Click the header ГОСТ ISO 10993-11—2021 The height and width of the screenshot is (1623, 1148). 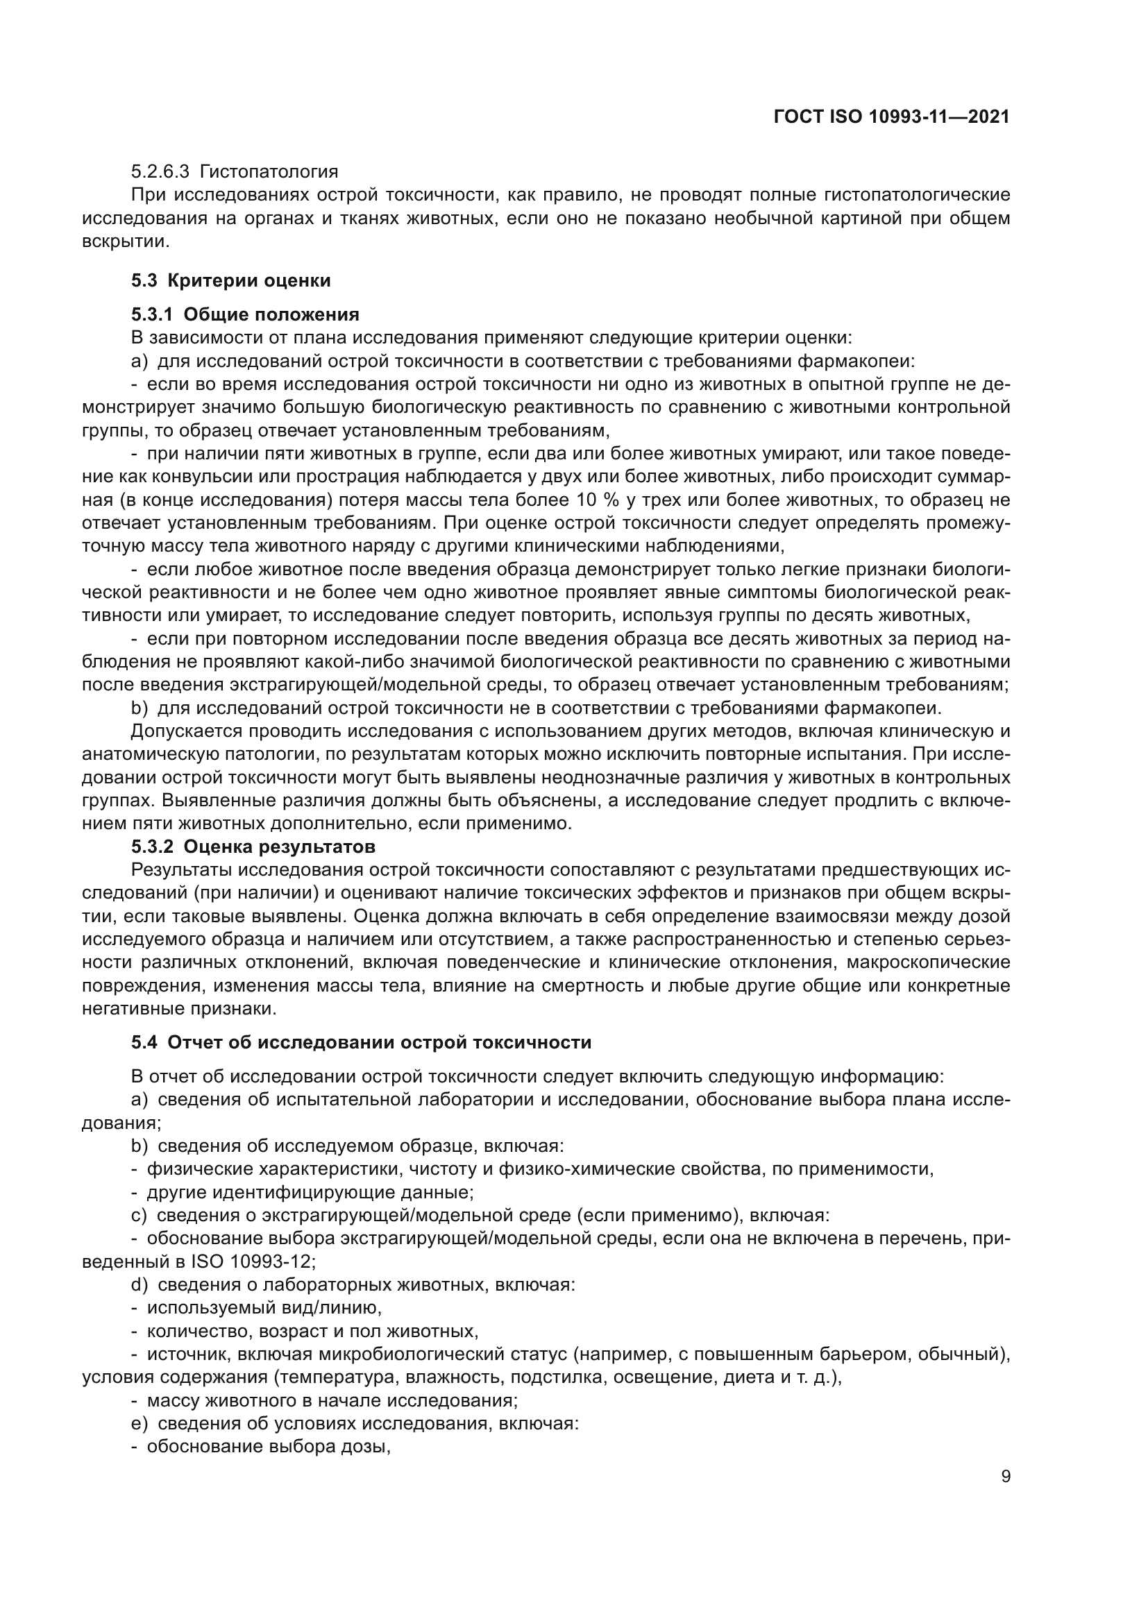[x=891, y=117]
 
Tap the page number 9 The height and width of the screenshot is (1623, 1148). [x=1006, y=1477]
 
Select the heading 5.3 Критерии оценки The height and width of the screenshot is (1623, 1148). [x=230, y=280]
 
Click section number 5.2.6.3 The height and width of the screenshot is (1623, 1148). [x=160, y=172]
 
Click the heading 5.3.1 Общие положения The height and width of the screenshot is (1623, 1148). [x=244, y=314]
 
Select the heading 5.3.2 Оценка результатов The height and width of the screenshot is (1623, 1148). [x=253, y=846]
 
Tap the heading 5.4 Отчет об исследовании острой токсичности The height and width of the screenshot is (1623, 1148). [x=360, y=1043]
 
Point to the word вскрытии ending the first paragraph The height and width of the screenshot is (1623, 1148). [x=124, y=241]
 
